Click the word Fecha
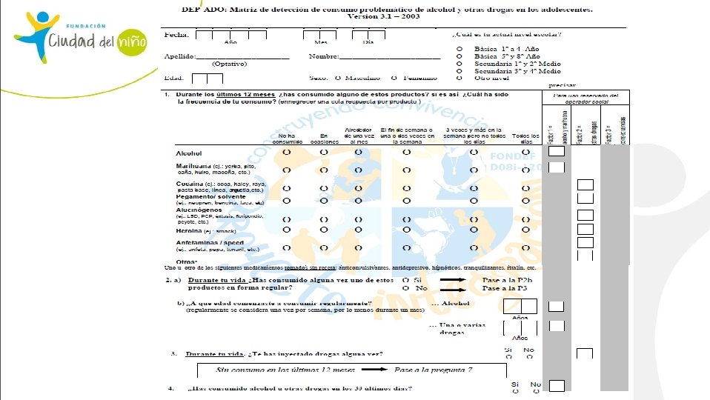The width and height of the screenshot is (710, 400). pyautogui.click(x=176, y=35)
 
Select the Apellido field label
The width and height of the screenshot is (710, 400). pyautogui.click(x=180, y=56)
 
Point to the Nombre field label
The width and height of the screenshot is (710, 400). pyautogui.click(x=323, y=56)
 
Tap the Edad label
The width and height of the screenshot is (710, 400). pyautogui.click(x=174, y=77)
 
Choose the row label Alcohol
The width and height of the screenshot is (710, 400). pyautogui.click(x=188, y=152)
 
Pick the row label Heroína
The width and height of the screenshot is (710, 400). pyautogui.click(x=190, y=231)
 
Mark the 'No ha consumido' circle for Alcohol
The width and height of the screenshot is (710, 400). pyautogui.click(x=286, y=152)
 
